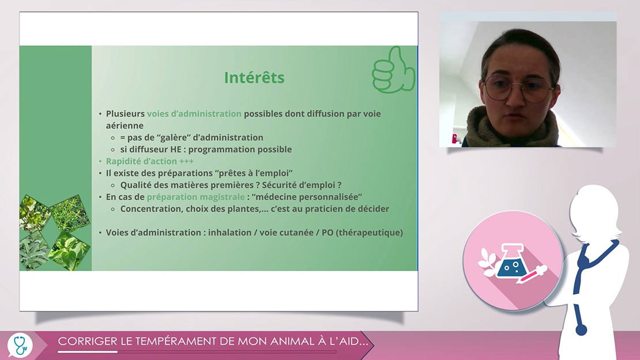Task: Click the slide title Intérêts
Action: tap(254, 78)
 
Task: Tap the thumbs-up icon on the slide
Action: tap(393, 70)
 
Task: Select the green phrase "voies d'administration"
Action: tap(194, 114)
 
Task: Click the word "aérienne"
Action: tap(125, 125)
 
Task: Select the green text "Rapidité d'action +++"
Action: tap(150, 161)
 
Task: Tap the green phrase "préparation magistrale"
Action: tap(196, 197)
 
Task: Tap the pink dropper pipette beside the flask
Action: tap(531, 275)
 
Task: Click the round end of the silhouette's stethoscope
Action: tap(581, 329)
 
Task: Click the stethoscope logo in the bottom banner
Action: tap(20, 346)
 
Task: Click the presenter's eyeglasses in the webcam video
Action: tap(518, 89)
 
